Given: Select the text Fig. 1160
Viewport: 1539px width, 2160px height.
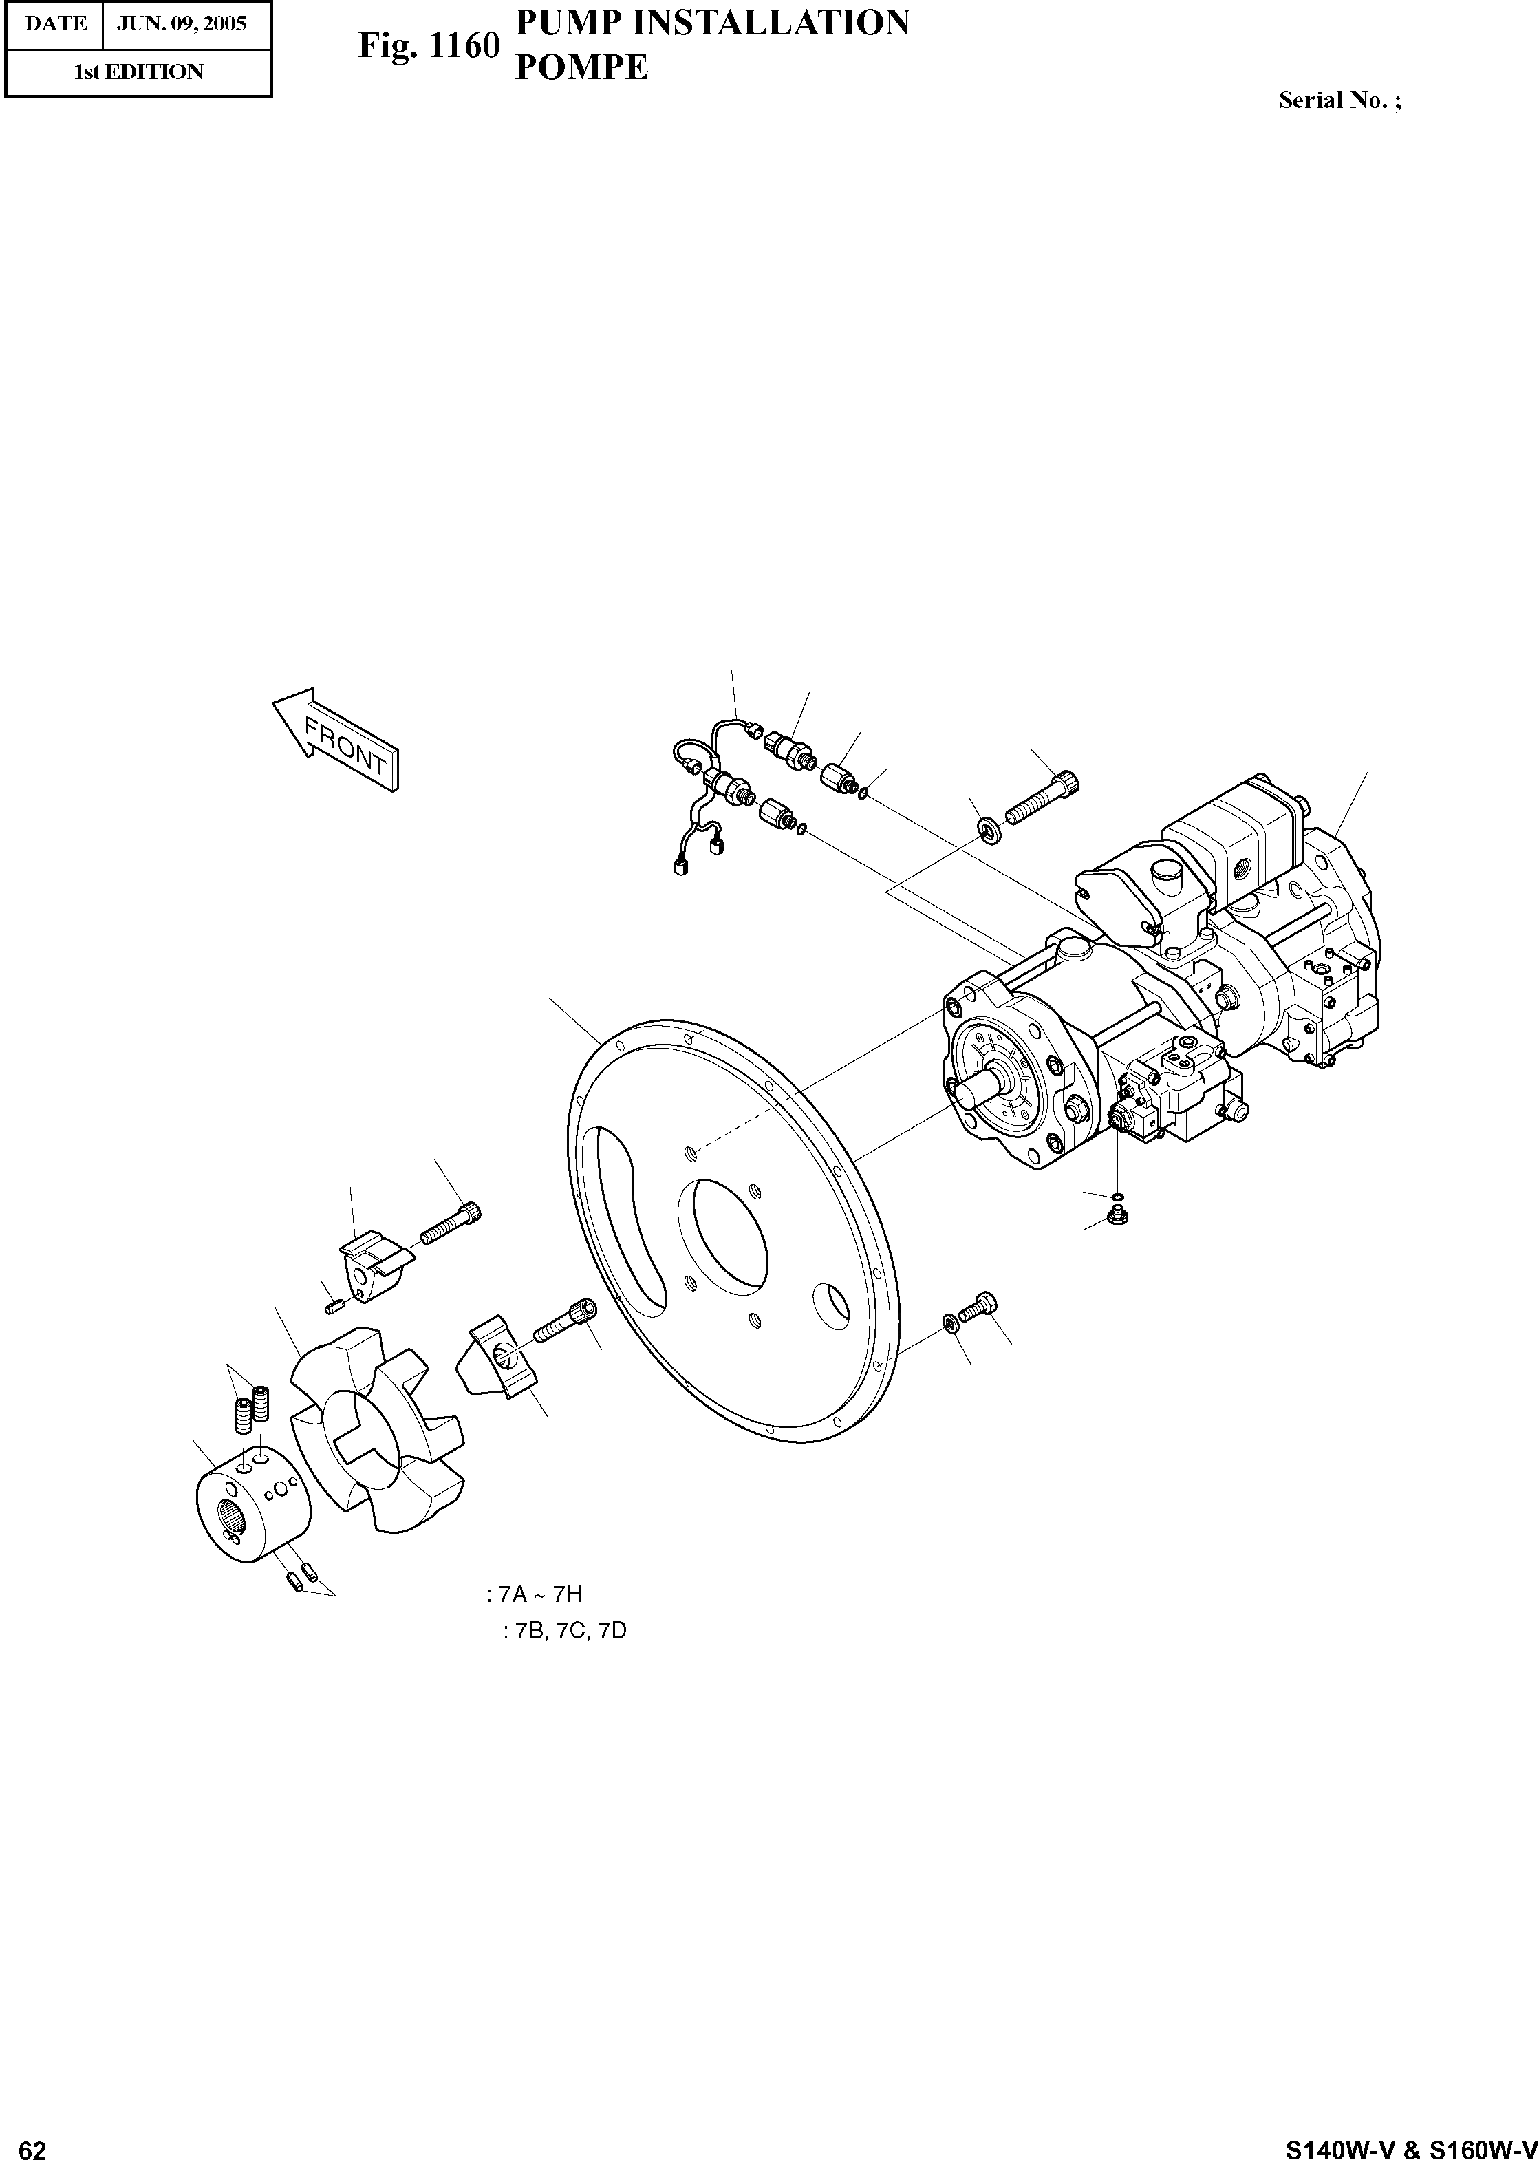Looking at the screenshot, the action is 429,45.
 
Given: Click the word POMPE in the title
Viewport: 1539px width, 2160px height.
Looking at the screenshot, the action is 581,67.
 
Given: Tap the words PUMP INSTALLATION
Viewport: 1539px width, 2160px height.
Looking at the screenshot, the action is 711,23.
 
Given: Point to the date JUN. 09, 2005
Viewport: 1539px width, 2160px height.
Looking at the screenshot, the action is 181,23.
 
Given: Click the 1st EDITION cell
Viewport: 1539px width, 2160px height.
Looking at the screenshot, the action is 138,72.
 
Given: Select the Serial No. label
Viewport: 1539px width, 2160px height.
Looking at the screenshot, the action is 1339,100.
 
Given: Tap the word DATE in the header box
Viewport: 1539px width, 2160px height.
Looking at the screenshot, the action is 55,23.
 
